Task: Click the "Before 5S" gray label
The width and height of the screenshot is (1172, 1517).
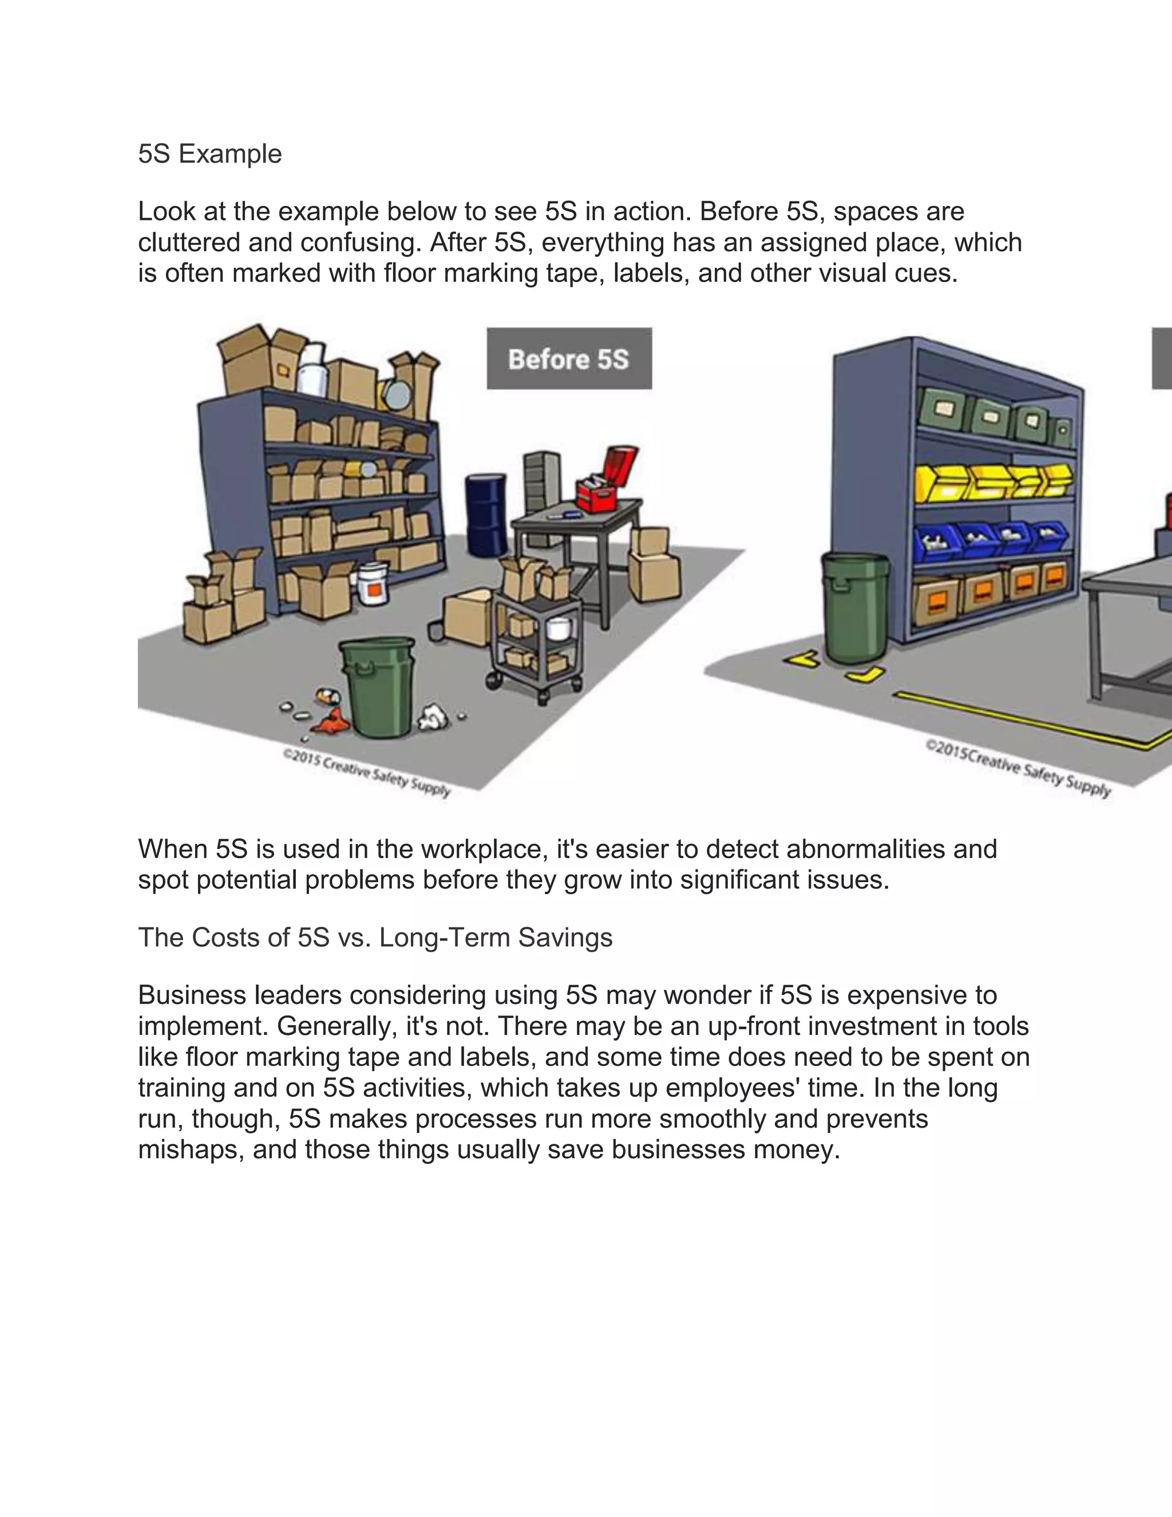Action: [x=569, y=358]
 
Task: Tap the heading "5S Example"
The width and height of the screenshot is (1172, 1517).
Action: [x=209, y=153]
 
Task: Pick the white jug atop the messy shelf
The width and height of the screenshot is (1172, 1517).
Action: [x=312, y=368]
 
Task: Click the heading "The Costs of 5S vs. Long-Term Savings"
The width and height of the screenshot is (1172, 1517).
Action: [x=375, y=937]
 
